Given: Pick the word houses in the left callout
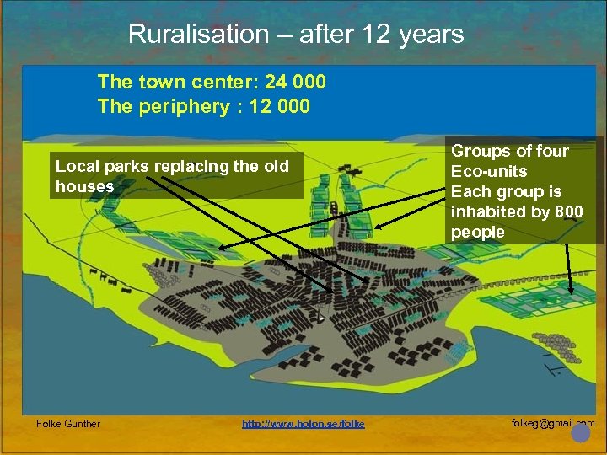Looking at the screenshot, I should pos(84,186).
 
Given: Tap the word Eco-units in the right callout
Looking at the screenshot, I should pos(489,171).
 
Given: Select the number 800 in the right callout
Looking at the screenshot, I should pos(568,211).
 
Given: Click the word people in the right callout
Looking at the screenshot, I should pos(477,232).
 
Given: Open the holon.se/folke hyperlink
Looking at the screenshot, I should pos(303,423).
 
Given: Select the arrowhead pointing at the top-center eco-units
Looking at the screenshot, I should pos(378,226).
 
